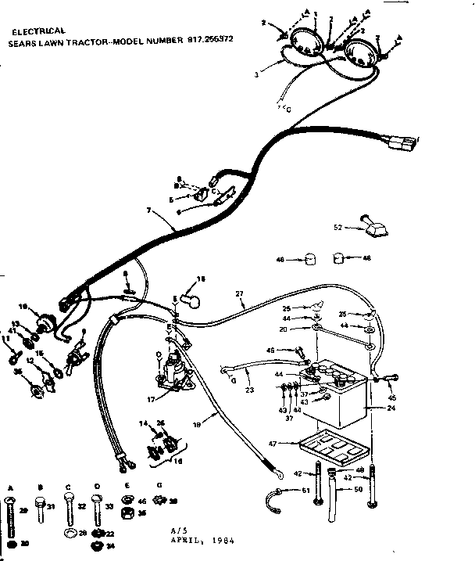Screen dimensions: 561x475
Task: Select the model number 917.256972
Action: (213, 39)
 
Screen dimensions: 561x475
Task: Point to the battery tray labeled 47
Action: (332, 450)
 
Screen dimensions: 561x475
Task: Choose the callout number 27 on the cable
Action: (239, 293)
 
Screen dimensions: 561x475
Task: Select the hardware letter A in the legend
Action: (11, 487)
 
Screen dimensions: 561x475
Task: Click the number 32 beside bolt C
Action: (80, 506)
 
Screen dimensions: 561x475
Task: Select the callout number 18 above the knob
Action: (200, 279)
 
